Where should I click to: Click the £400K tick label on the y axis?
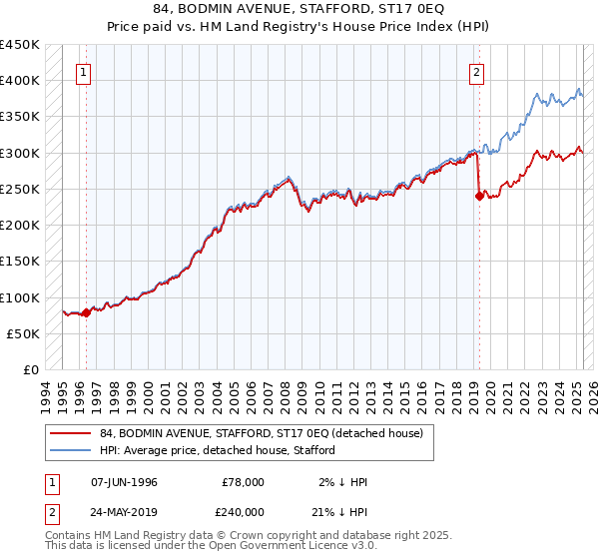point(20,81)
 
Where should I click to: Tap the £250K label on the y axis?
point(20,190)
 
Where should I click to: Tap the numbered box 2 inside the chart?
point(477,72)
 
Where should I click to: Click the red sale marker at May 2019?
point(479,196)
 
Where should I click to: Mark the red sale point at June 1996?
point(86,312)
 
